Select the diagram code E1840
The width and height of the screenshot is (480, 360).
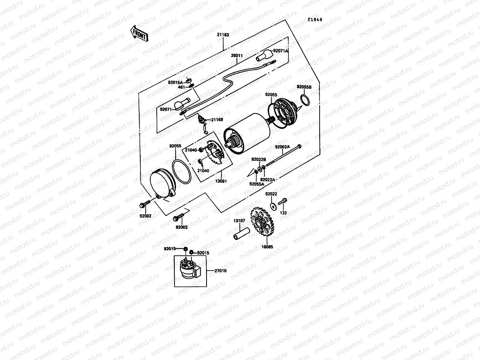[315, 20]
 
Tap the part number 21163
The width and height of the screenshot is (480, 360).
[223, 35]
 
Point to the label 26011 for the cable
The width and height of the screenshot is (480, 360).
[237, 56]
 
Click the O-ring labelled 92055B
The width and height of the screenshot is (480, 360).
[304, 100]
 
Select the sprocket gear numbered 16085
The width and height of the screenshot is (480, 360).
[260, 223]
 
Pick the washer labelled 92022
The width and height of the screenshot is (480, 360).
[273, 206]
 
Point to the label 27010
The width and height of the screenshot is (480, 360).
[220, 271]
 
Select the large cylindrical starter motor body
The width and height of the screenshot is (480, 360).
[247, 133]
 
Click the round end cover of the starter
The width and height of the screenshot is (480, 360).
[162, 183]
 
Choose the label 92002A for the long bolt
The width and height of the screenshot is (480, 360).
[282, 147]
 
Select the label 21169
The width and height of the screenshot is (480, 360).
[217, 120]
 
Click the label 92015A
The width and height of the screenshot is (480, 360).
[175, 82]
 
